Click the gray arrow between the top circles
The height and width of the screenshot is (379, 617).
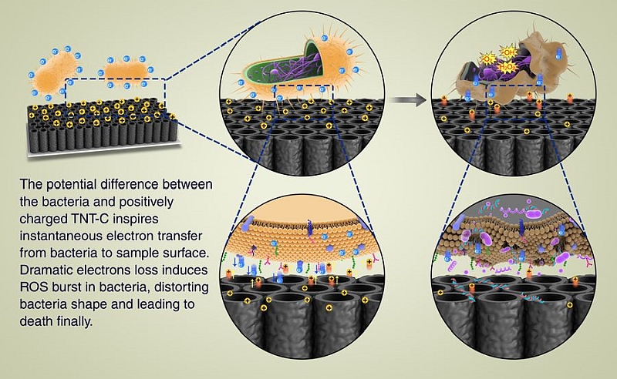(414, 99)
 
